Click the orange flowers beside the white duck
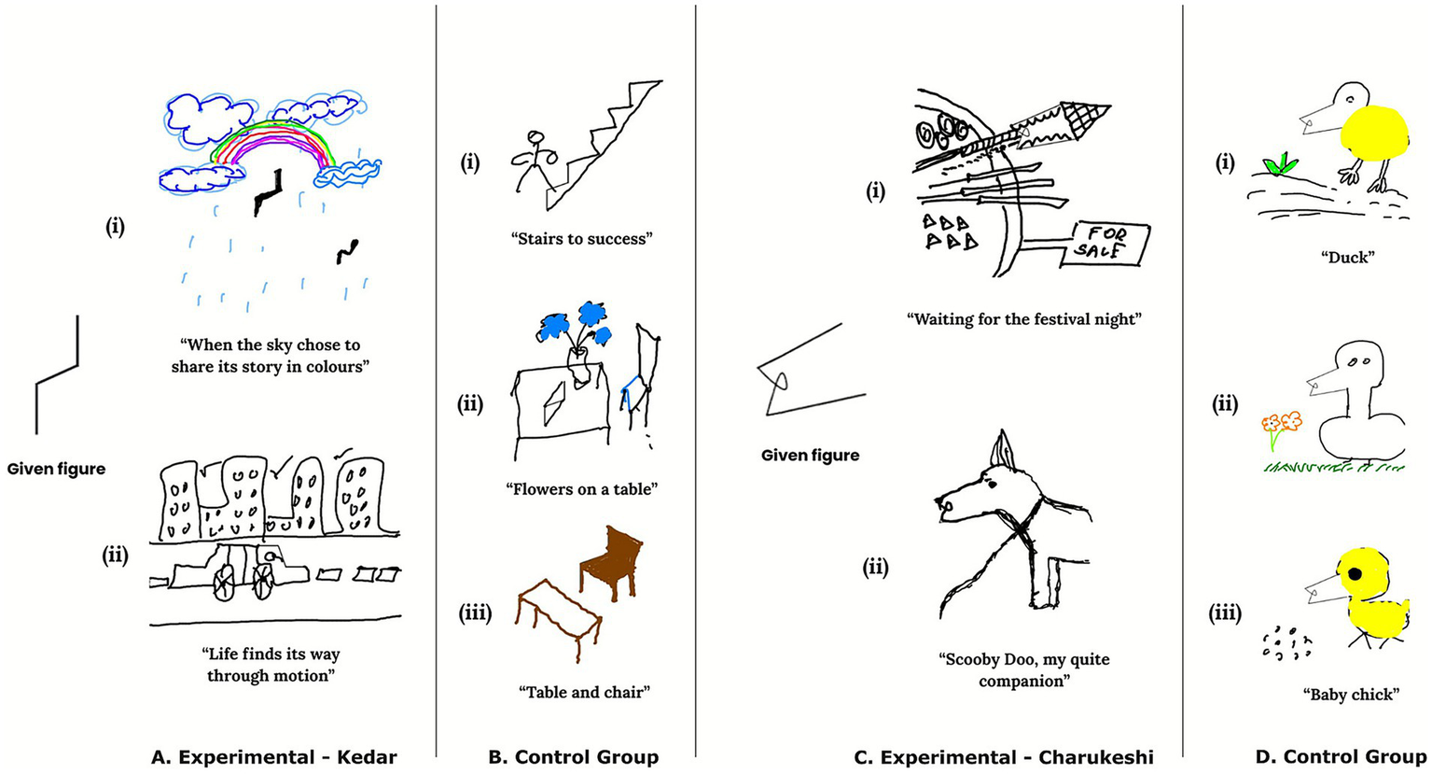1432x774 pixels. [1281, 423]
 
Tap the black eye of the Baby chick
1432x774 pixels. [1354, 571]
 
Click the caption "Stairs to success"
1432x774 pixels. [581, 239]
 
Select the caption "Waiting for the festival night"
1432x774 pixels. [1024, 319]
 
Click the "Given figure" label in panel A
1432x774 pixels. [56, 469]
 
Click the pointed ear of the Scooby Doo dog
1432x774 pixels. [1001, 448]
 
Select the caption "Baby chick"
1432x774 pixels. [1350, 695]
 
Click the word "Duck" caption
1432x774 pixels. [1349, 257]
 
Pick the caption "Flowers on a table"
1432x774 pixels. [582, 489]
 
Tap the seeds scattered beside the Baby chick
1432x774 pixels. [1286, 644]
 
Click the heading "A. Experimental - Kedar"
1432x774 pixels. [273, 757]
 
